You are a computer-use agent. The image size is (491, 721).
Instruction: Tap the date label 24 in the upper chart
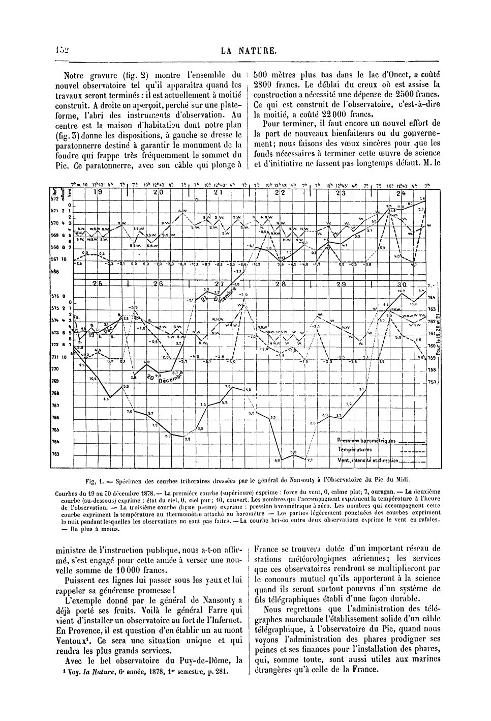click(401, 193)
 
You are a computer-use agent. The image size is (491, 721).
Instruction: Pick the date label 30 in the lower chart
click(402, 283)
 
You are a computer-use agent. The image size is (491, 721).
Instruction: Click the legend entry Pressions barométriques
click(366, 440)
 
